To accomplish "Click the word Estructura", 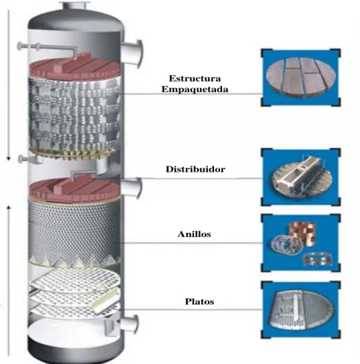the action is coord(194,79).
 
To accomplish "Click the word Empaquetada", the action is coord(195,89).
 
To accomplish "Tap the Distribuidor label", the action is coord(195,170).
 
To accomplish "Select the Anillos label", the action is coord(194,234).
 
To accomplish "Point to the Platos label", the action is coord(199,301).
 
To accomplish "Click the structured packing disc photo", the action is coord(301,78).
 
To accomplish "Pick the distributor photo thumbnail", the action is coord(301,177).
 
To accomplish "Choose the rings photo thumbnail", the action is coord(301,243).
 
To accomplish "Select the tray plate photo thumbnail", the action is coord(301,310).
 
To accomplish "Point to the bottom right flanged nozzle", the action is coord(128,324).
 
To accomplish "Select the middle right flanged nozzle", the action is coord(131,188).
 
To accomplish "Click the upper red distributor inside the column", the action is coord(75,67).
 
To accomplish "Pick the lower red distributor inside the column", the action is coord(75,189).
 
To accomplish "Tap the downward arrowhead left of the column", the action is coord(9,159).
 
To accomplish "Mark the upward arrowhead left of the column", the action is coord(9,207).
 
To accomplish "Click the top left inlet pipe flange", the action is coord(20,46).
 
